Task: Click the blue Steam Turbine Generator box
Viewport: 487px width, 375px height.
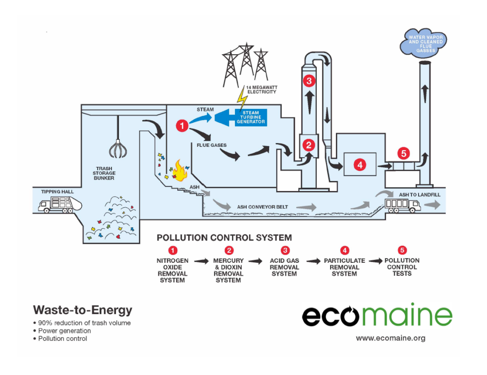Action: coord(251,117)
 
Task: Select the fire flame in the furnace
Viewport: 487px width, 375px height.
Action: coord(179,170)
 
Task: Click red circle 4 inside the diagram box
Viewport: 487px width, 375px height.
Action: coord(360,165)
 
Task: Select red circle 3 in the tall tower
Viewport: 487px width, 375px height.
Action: coord(309,81)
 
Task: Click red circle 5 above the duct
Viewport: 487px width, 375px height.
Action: coord(403,153)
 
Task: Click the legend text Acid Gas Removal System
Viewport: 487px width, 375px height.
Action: coord(284,267)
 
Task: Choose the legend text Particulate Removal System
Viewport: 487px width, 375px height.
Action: coord(344,267)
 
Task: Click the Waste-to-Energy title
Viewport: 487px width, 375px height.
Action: coord(82,310)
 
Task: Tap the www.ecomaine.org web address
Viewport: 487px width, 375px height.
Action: coord(390,338)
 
